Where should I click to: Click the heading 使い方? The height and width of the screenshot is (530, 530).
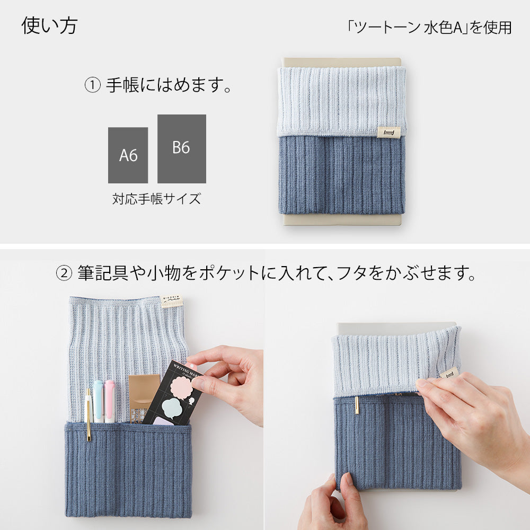[x=49, y=26]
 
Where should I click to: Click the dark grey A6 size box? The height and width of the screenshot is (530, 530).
[x=128, y=155]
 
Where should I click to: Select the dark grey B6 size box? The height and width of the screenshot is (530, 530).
[x=181, y=148]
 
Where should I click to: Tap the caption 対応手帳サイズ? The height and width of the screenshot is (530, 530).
[x=157, y=199]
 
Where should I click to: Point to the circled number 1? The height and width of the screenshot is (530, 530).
[x=92, y=85]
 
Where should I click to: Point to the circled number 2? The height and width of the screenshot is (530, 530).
[x=64, y=274]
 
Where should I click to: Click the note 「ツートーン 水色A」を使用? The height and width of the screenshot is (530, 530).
[x=429, y=28]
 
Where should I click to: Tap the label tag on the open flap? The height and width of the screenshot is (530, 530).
[x=172, y=302]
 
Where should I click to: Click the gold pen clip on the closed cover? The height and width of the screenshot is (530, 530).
[x=356, y=405]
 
